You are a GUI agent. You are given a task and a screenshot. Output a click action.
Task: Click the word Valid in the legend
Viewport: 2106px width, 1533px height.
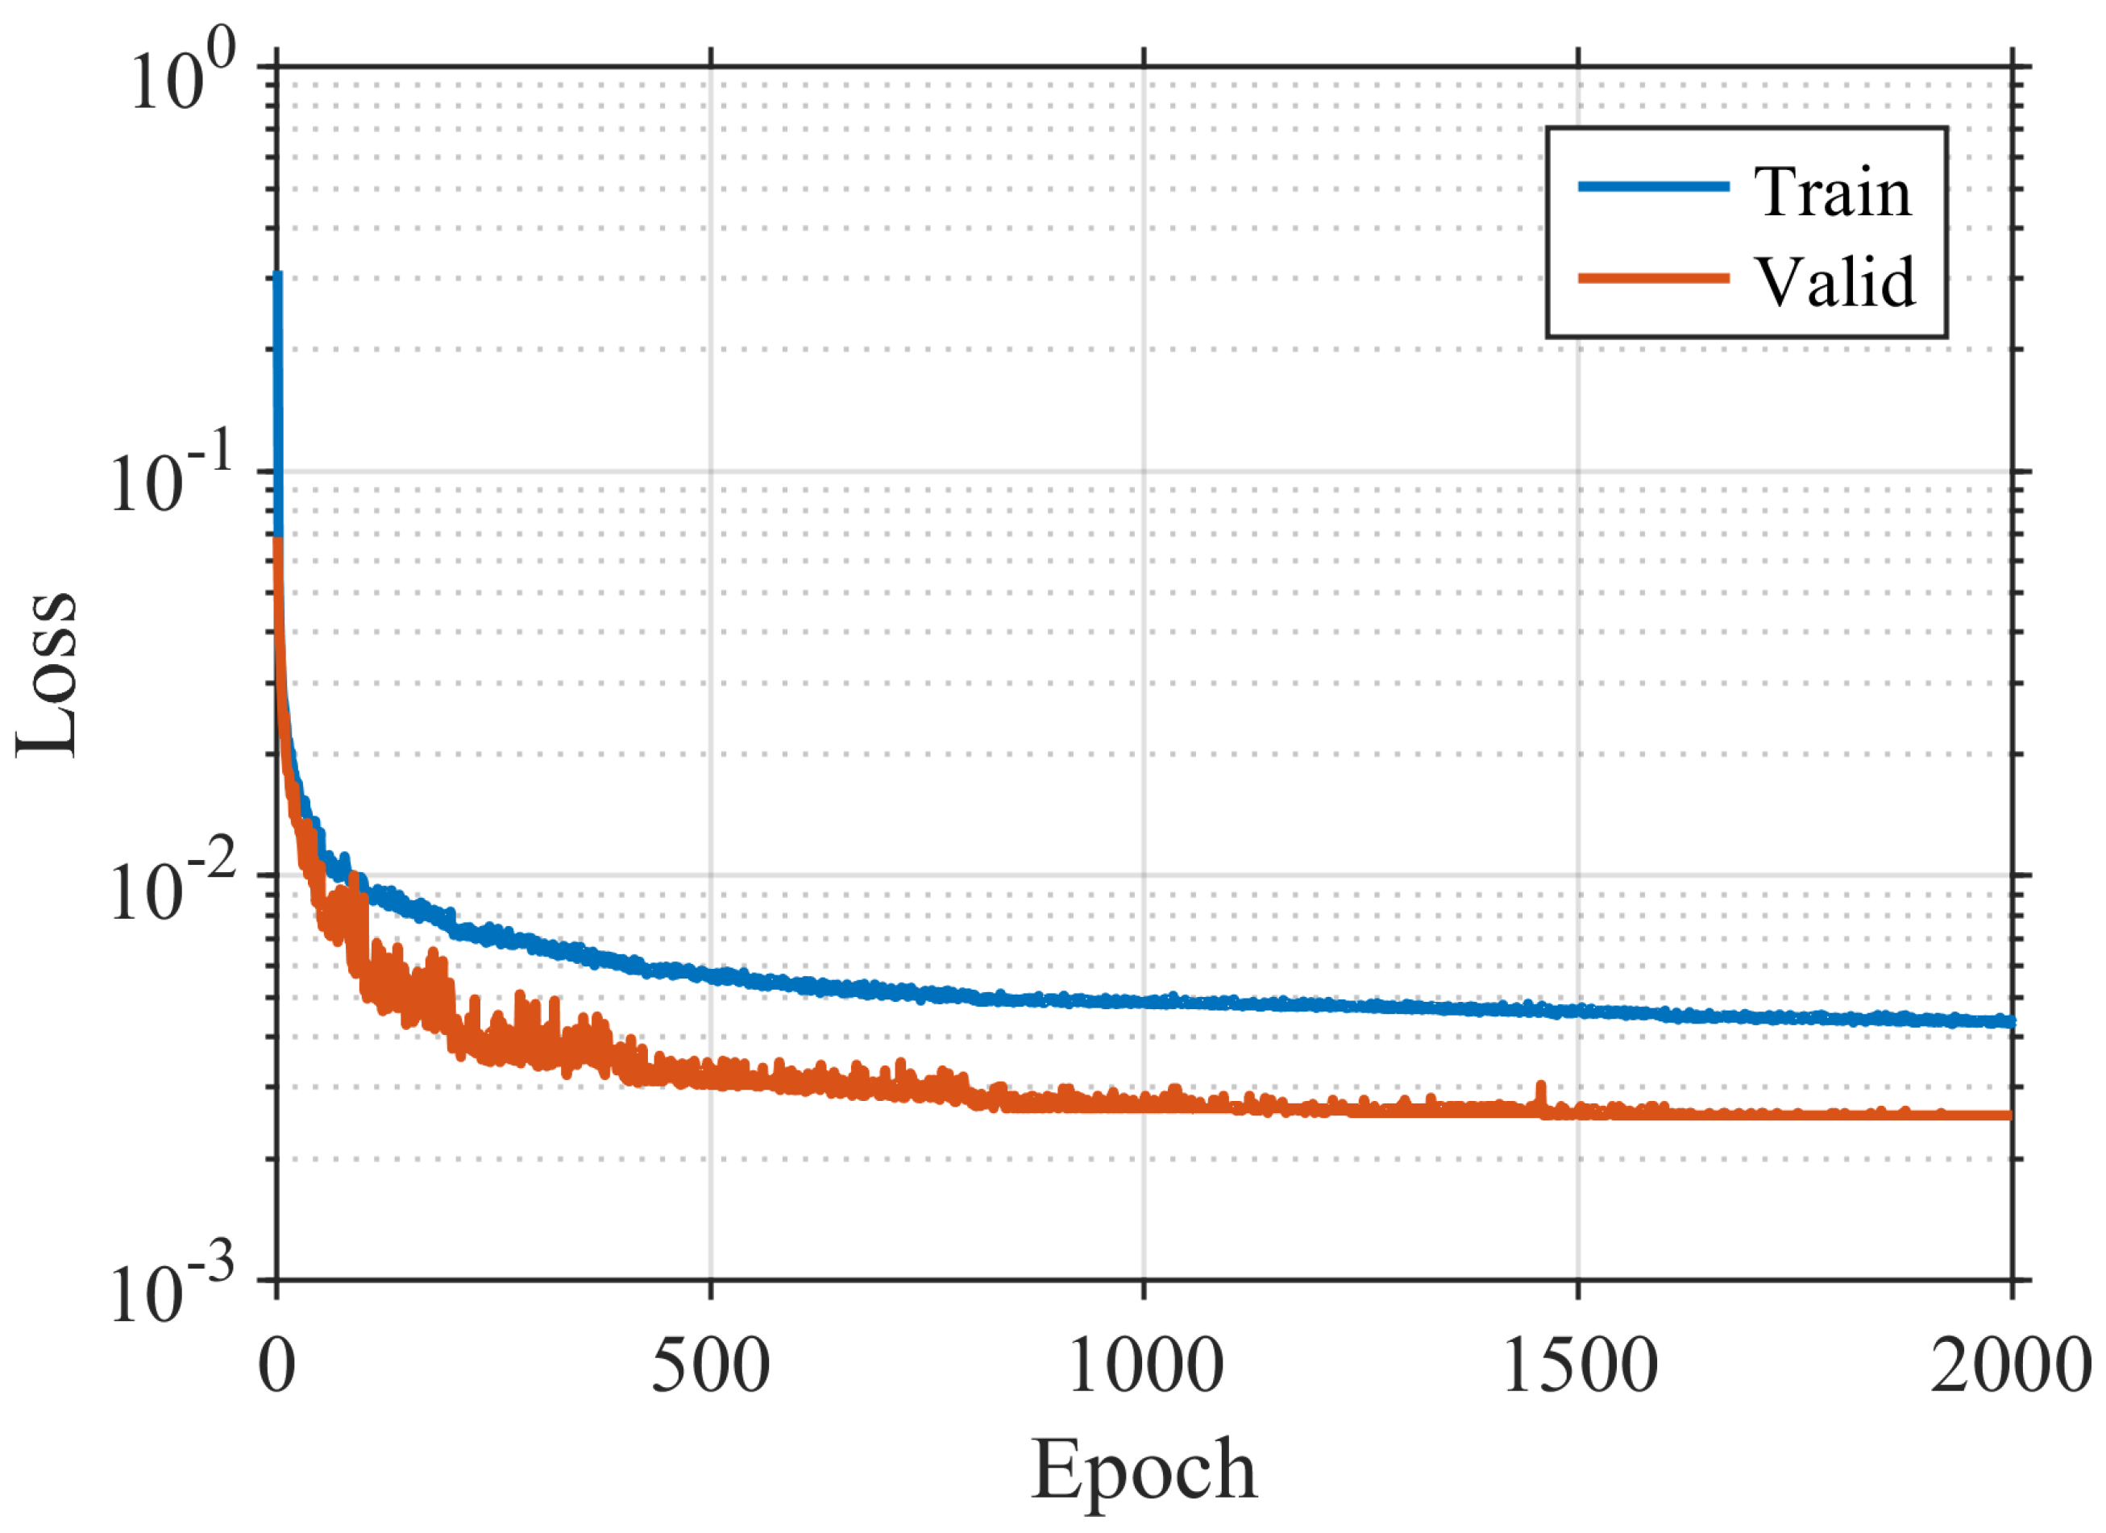tap(1834, 281)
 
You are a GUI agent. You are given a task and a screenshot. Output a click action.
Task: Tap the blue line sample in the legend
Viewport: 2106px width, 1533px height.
tap(1653, 187)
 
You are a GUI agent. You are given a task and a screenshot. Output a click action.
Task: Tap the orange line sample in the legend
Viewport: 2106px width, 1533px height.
tap(1653, 277)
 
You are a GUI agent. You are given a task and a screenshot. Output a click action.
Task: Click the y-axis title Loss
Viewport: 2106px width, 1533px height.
tap(47, 675)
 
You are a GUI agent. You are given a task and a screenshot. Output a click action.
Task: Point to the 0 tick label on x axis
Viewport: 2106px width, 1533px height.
tap(276, 1367)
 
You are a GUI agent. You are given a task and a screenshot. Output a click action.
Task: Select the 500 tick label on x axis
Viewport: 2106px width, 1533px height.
tap(710, 1367)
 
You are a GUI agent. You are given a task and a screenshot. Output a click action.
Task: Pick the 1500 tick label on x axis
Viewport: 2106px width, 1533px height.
tap(1580, 1367)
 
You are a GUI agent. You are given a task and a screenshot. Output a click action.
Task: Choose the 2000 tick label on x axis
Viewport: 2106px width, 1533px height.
tap(2010, 1367)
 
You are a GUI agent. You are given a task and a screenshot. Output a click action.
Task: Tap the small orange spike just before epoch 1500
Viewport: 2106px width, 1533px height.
tap(1542, 1088)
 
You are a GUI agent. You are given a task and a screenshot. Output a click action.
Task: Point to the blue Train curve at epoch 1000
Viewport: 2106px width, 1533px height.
tap(1144, 1001)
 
